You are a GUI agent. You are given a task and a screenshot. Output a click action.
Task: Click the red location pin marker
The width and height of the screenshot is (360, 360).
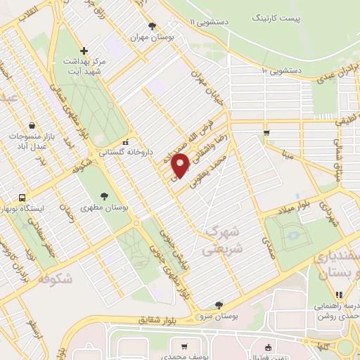coord(181,165)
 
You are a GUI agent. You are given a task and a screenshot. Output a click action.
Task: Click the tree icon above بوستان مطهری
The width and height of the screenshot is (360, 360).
coord(104,196)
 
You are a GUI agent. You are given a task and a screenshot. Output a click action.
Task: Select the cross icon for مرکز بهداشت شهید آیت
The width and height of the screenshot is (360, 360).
coord(84,51)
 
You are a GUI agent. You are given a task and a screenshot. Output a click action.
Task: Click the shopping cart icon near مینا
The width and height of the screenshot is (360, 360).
coord(266,132)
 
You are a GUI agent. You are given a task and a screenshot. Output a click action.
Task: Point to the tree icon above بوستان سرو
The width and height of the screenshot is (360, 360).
coord(219,304)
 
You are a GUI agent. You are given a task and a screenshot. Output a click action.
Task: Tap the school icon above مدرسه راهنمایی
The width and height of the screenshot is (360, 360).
coord(338,295)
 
